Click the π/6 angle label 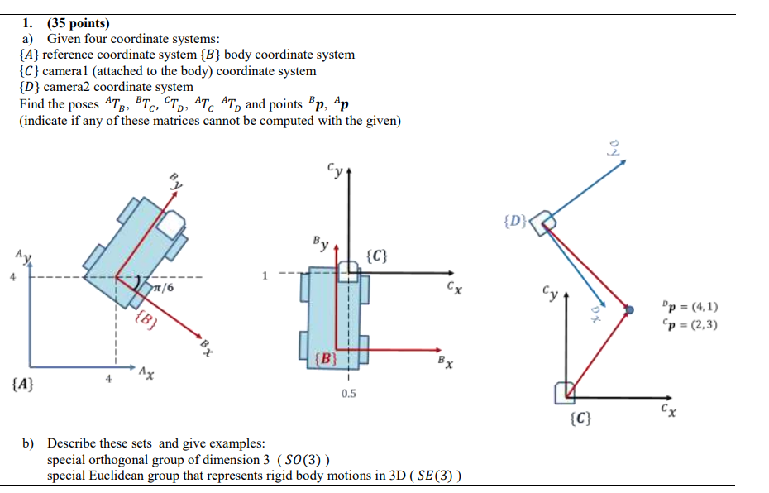[164, 287]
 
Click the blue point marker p [630, 309]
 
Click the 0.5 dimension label [348, 394]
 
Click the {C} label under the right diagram [580, 419]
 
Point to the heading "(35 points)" [79, 23]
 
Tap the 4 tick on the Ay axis [12, 277]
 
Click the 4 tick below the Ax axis [108, 379]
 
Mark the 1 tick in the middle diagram [265, 275]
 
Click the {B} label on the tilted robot [145, 318]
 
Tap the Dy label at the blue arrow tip [614, 149]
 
